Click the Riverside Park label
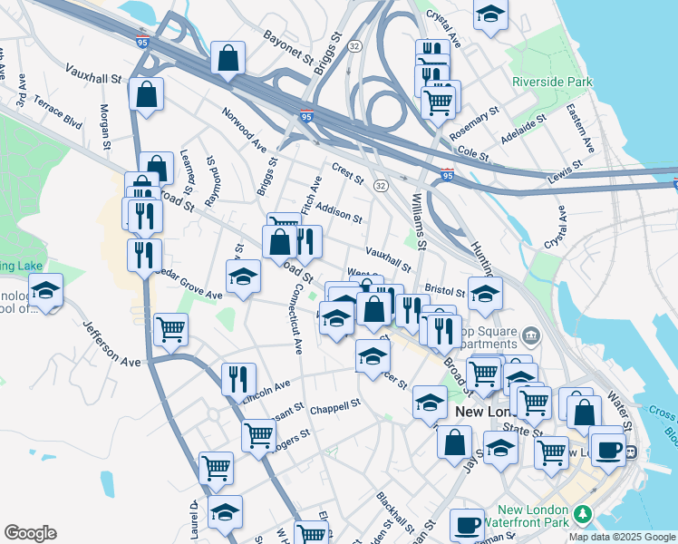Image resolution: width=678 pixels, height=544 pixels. (552, 82)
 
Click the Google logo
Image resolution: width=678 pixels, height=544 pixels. (30, 533)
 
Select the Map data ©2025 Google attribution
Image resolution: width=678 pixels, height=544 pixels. (621, 537)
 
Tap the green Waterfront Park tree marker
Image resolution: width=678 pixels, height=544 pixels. (585, 515)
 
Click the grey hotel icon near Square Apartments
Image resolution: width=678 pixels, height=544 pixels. (531, 335)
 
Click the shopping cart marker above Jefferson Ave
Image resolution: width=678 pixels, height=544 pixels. (170, 331)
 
